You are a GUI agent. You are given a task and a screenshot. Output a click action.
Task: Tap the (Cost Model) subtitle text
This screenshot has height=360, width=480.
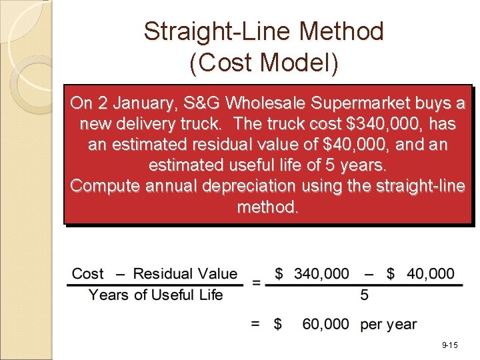[264, 63]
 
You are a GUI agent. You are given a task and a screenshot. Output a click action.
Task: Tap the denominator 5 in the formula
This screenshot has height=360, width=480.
[365, 295]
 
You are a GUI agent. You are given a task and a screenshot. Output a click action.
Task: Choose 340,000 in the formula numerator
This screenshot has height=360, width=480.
[321, 273]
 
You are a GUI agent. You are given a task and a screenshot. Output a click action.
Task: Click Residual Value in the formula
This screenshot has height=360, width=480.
[185, 273]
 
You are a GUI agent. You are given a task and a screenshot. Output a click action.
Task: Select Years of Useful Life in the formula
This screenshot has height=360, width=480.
[155, 295]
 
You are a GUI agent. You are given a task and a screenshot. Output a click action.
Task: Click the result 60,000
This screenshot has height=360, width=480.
[325, 324]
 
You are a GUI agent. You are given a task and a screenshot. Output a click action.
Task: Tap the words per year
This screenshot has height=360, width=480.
[389, 325]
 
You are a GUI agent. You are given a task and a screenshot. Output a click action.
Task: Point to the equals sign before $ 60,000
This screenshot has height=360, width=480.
[255, 324]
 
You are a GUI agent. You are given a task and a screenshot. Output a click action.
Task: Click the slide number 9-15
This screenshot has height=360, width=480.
[449, 345]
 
